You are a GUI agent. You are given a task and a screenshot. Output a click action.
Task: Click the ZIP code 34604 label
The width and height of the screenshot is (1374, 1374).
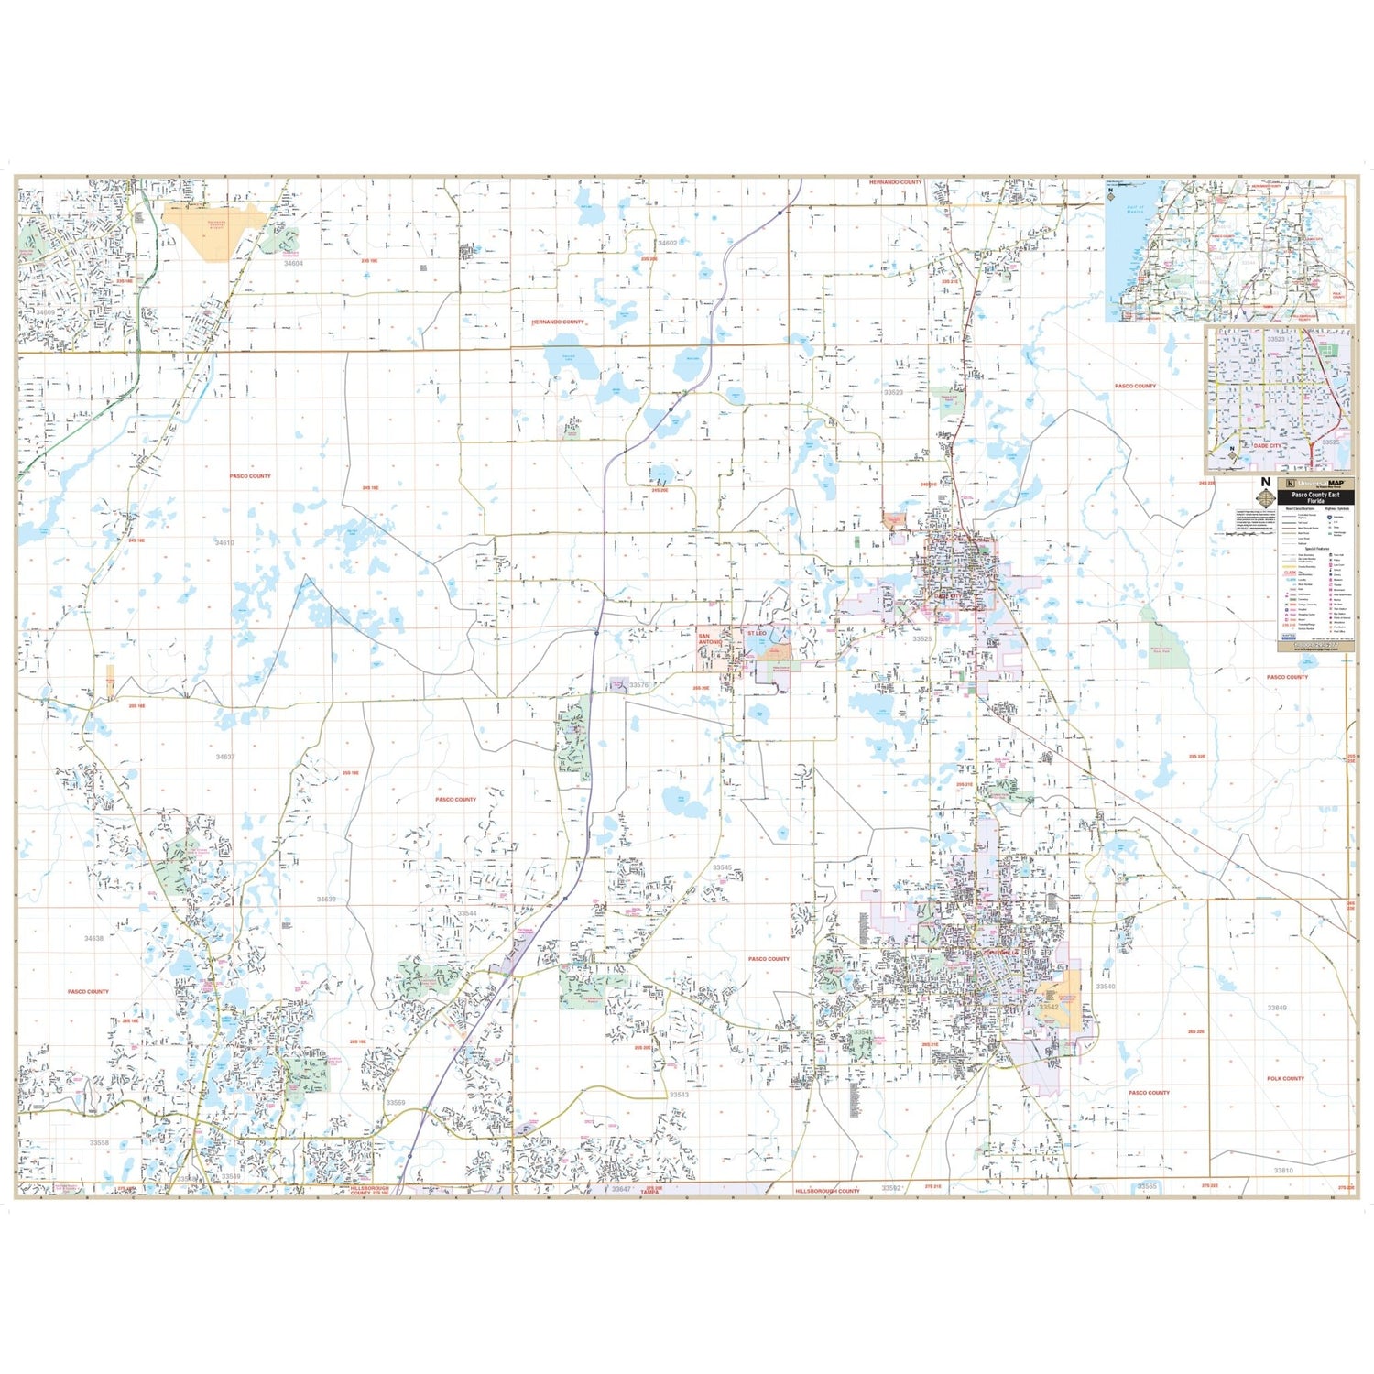pos(293,263)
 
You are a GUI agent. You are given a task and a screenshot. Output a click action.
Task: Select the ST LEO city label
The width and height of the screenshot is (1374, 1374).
pos(756,633)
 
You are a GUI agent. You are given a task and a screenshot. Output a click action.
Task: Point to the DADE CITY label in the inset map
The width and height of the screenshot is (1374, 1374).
pos(1268,445)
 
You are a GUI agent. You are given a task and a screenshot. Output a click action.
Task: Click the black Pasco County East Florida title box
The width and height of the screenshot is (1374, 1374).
pos(1315,498)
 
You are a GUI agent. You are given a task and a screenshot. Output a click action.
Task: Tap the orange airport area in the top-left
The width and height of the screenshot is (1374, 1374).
pos(218,229)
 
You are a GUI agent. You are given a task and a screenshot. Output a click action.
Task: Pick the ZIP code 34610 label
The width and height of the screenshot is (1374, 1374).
pos(224,543)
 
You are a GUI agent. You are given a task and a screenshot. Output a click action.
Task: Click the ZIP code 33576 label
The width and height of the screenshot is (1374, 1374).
pos(638,685)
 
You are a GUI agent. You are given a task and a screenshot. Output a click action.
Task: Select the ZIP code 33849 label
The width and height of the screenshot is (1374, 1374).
pos(1277,1008)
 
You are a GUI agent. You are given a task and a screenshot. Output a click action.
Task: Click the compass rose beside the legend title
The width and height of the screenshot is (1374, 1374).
pos(1266,497)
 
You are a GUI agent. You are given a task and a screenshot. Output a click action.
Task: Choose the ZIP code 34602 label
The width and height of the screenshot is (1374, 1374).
pos(668,243)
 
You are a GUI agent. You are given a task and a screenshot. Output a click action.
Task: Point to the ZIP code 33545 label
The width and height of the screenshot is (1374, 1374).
pos(722,867)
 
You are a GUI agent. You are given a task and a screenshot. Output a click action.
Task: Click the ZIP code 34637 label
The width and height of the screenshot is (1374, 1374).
pos(224,758)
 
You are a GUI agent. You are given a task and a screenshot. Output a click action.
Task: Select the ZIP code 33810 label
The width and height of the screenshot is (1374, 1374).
pos(1283,1171)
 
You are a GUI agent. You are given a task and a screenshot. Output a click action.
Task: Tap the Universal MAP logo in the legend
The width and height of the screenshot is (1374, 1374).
pos(1315,483)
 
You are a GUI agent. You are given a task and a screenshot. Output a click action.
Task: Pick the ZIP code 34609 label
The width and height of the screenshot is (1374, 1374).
pos(46,312)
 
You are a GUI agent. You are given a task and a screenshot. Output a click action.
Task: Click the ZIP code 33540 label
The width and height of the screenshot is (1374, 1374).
pos(1106,987)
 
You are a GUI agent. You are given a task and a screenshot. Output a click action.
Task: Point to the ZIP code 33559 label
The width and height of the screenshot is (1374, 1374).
pos(395,1103)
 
